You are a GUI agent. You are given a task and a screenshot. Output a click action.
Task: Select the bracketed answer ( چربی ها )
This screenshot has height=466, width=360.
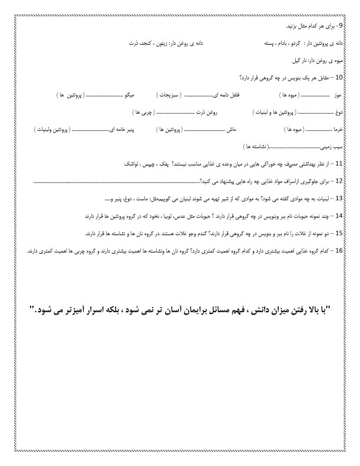(x=145, y=111)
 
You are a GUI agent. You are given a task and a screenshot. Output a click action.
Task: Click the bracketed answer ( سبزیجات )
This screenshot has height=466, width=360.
(x=170, y=94)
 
